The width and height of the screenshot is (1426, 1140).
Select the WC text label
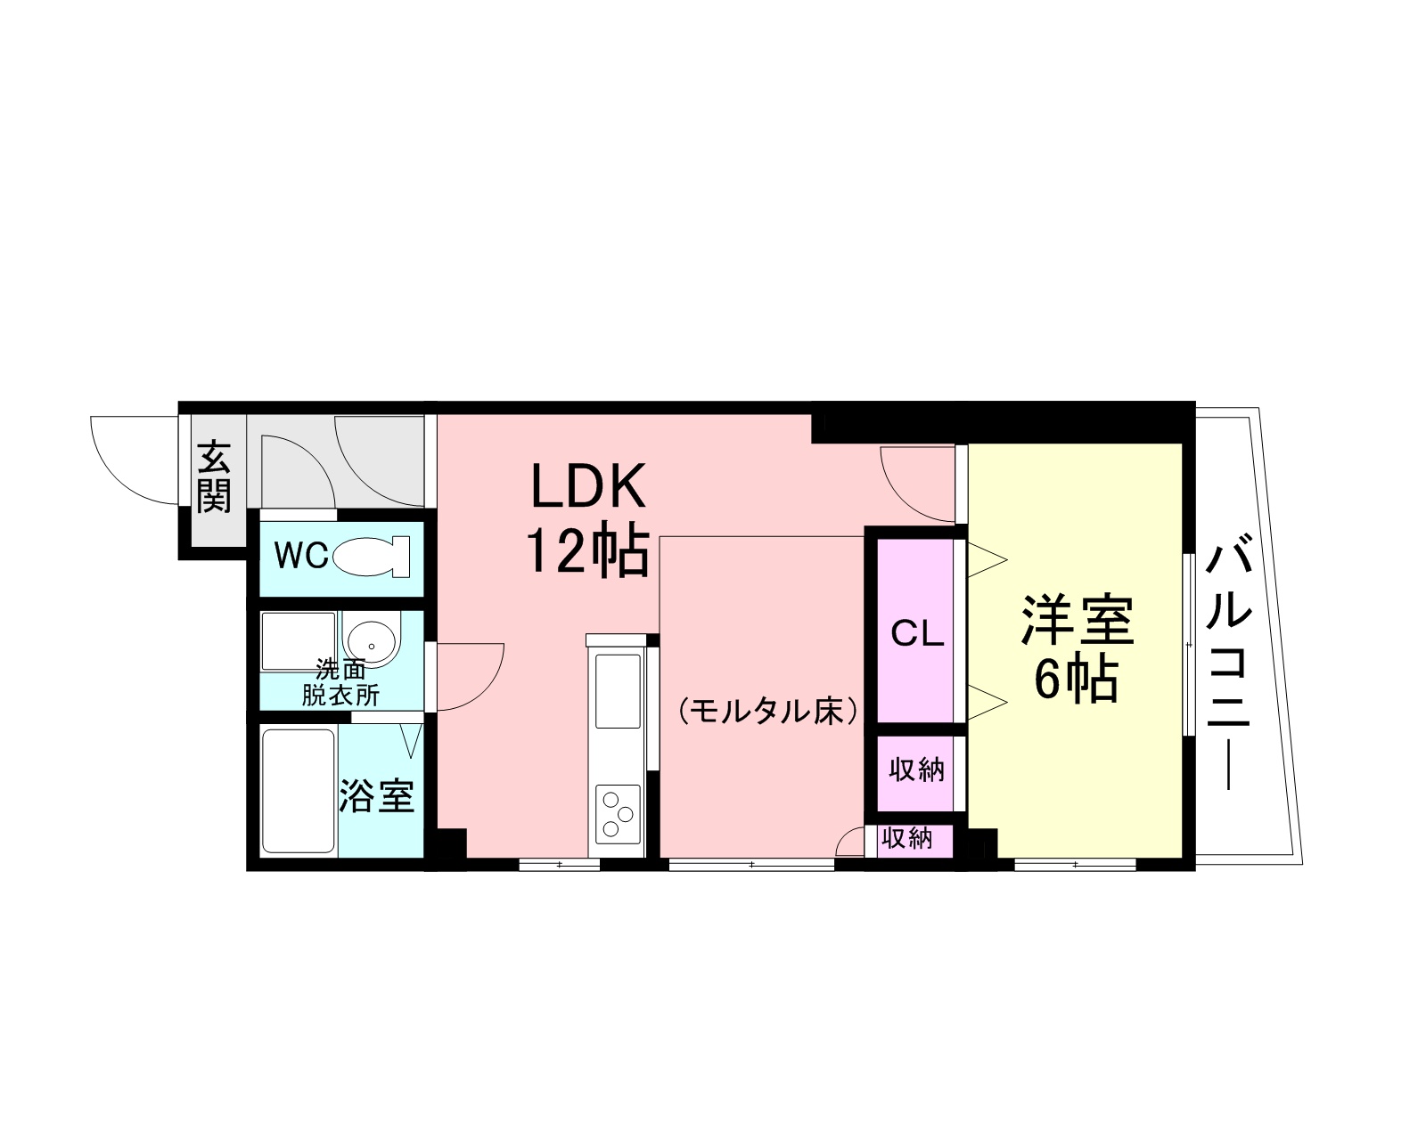pos(300,557)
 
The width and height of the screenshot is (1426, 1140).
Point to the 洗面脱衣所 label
pos(340,683)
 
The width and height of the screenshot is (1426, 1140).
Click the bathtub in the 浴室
pos(299,791)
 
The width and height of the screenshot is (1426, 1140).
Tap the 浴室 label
pos(377,795)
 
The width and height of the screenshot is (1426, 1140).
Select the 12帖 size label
pos(586,552)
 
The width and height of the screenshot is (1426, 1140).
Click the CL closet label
pos(917,634)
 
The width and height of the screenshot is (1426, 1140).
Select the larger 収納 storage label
pos(916,769)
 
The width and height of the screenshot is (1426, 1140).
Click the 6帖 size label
pos(1077,681)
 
